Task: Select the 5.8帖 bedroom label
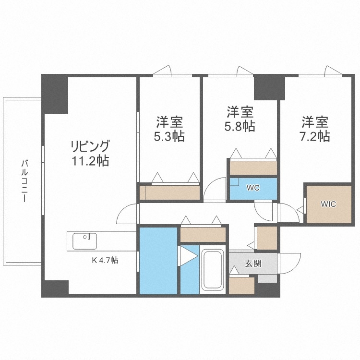pos(240,120)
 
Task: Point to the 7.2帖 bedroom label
pos(315,129)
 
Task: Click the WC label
pos(253,188)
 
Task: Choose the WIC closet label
pos(329,204)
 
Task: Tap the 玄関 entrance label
pos(253,263)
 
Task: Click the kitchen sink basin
pos(85,241)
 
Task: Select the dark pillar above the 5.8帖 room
pos(269,86)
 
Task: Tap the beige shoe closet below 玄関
pos(241,286)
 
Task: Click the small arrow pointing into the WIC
pos(300,210)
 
